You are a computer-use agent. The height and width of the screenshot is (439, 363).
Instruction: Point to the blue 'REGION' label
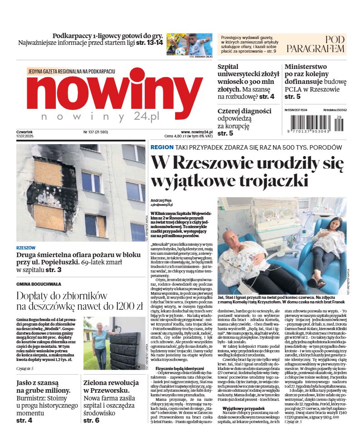tap(162, 147)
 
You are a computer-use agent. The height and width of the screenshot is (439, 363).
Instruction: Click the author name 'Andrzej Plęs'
tap(161, 200)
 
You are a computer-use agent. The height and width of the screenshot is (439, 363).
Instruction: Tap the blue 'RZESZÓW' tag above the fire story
tap(25, 248)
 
